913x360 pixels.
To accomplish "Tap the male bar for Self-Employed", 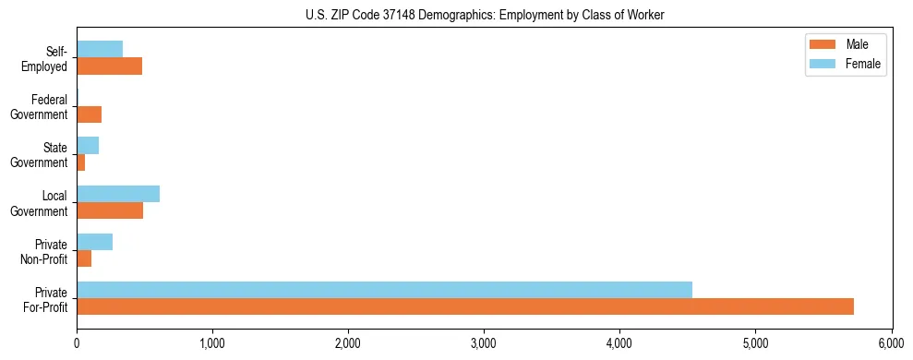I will coord(109,66).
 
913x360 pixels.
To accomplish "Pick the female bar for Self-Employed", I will coord(100,50).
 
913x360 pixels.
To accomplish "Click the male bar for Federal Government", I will coord(89,114).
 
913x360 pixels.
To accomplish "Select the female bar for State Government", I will coord(88,146).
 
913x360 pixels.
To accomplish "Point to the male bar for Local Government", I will coord(110,210).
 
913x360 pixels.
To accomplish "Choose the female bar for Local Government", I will coord(118,194).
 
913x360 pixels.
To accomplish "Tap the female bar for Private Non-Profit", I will coord(94,242).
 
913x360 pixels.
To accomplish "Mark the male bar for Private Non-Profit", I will coord(84,258).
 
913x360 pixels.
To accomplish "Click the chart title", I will coord(485,15).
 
